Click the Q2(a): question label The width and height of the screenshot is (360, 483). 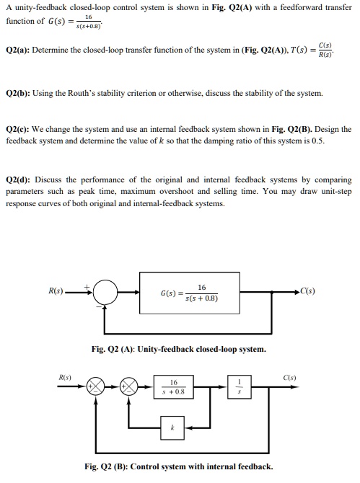pos(17,50)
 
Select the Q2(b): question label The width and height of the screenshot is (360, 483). pos(18,93)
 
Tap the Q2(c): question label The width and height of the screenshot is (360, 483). pos(17,129)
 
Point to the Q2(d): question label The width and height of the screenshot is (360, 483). pos(18,180)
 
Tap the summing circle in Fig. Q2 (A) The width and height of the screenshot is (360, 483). pos(105,292)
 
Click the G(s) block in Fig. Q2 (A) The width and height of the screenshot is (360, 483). pos(190,293)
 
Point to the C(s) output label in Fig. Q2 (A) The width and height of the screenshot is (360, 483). pos(307,291)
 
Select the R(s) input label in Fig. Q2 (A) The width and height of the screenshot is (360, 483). pos(56,291)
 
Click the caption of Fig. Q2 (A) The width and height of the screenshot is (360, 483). pos(178,350)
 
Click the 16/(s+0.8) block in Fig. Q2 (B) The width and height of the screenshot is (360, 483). pos(174,387)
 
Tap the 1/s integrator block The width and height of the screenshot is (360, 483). pos(240,387)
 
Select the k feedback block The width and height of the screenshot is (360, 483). pos(172,428)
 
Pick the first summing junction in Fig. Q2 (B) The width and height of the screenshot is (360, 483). pos(96,386)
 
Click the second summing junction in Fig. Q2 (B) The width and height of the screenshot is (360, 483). pos(129,386)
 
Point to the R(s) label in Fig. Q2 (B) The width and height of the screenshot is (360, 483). pos(65,378)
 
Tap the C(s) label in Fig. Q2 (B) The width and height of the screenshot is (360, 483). pos(289,378)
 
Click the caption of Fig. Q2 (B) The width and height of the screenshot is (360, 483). pos(179,466)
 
